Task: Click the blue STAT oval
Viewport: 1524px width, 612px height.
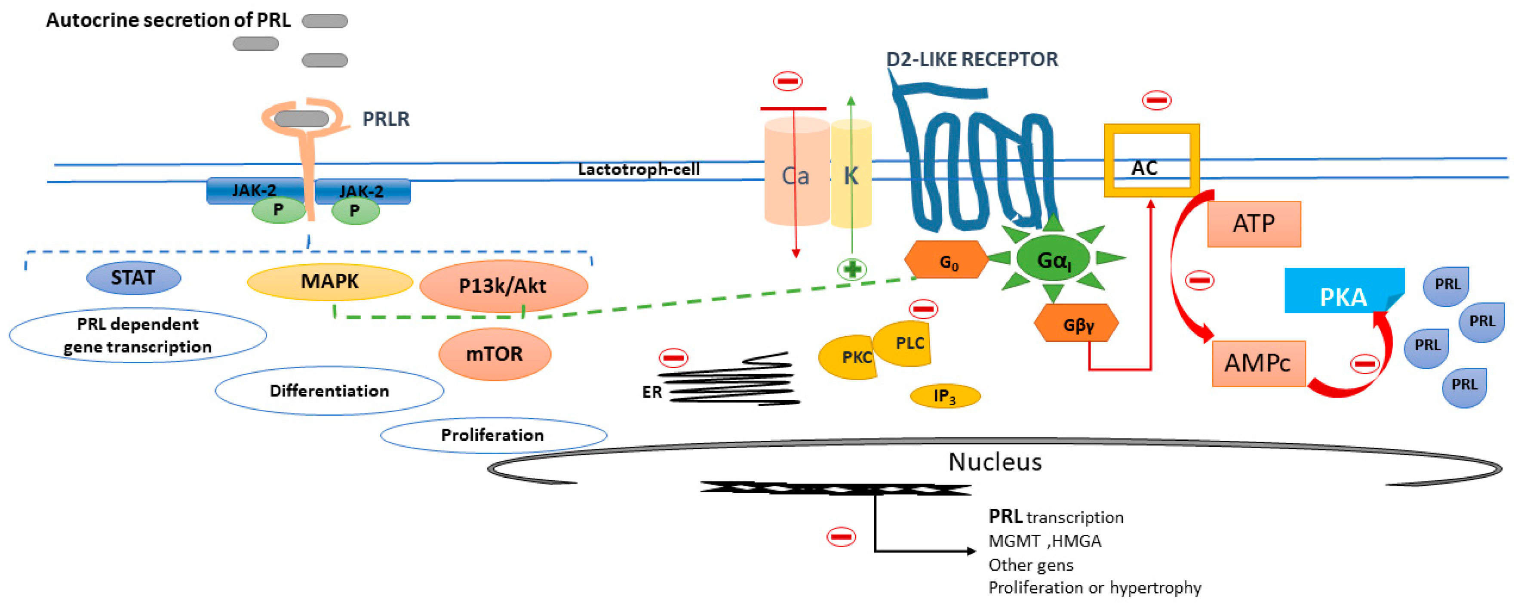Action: coord(133,278)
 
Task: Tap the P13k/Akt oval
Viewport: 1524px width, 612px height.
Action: coord(504,286)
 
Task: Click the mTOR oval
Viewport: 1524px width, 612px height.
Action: coord(495,354)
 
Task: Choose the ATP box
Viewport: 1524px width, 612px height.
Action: coord(1254,224)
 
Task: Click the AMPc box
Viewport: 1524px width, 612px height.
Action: coord(1258,363)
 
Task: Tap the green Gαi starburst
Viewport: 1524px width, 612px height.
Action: coord(1054,258)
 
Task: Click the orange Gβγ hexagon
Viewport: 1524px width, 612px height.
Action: coord(1076,323)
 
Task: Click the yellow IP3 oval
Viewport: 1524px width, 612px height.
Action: coord(945,396)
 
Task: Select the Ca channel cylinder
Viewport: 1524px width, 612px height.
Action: coord(796,172)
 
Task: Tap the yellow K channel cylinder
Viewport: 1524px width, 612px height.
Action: coord(851,174)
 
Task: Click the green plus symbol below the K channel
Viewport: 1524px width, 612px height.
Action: coord(852,270)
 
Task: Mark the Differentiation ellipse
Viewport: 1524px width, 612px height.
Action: coord(329,391)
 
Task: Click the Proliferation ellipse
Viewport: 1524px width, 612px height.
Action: coord(493,435)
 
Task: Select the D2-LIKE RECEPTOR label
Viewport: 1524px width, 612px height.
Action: coord(972,59)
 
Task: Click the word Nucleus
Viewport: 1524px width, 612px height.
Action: coord(995,462)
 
